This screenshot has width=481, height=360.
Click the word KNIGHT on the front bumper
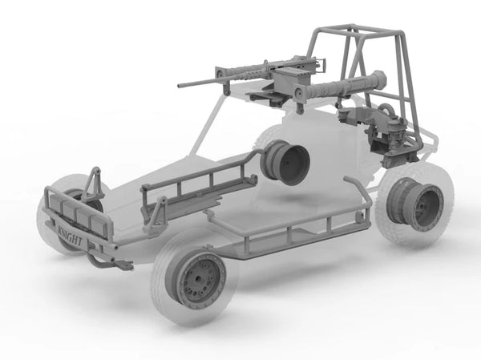70,236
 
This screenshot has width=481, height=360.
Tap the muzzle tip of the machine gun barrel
179,86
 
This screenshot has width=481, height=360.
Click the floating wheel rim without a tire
285,162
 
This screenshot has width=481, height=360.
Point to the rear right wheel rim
415,204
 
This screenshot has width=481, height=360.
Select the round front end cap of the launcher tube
298,92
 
